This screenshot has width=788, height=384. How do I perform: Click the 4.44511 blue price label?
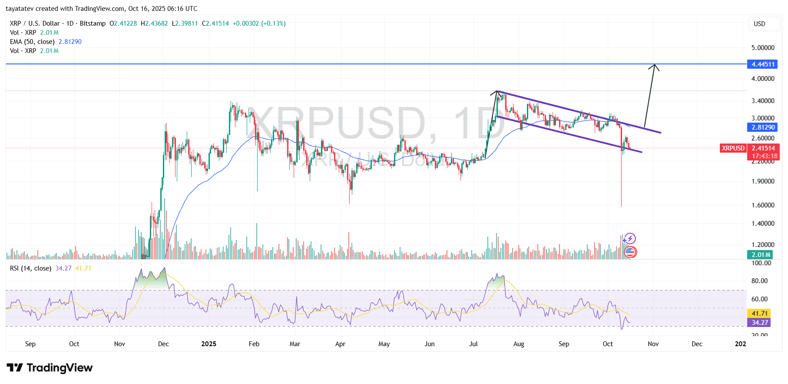click(x=763, y=64)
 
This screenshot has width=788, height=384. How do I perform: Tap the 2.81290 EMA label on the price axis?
click(x=763, y=127)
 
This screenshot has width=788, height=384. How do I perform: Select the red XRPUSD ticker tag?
click(x=733, y=148)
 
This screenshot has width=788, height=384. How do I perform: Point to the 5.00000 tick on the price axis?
click(x=763, y=47)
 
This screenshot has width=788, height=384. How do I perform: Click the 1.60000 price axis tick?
click(x=763, y=205)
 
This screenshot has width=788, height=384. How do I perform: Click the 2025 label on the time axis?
click(x=209, y=344)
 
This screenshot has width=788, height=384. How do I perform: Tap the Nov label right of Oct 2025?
click(x=653, y=344)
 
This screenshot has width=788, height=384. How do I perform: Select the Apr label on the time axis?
click(x=340, y=344)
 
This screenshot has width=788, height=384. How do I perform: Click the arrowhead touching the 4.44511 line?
click(x=654, y=67)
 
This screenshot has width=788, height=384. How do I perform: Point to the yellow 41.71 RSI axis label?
click(x=759, y=314)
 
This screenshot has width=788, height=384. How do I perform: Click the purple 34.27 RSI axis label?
click(x=759, y=323)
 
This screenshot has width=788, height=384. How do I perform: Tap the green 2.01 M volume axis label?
click(x=761, y=255)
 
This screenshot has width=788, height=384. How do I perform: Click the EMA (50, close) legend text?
click(x=32, y=42)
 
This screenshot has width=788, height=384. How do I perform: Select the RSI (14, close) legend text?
click(x=30, y=268)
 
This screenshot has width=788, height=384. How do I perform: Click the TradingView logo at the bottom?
click(x=50, y=368)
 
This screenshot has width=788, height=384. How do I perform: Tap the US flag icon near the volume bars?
click(x=630, y=252)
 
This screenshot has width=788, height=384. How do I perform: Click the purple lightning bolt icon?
click(x=630, y=238)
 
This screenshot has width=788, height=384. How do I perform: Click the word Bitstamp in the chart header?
click(x=93, y=23)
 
